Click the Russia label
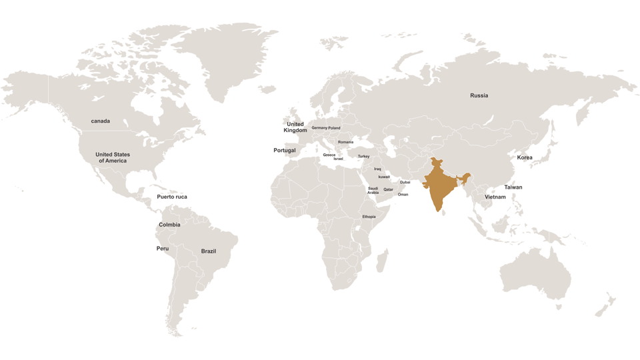coord(479,95)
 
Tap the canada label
coord(101,121)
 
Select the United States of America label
coord(113,157)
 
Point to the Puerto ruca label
coord(172,197)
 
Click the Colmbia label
coord(169,225)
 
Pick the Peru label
coord(163,249)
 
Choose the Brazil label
coord(209,251)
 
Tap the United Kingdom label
coord(295,127)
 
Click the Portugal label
coord(285,151)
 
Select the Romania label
coord(345,142)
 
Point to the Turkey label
coord(363,157)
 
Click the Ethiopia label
coord(369,217)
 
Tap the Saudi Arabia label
coord(373,191)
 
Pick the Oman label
coord(403,195)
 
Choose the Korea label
coord(525,157)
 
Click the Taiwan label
coord(513,187)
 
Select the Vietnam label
coord(495,197)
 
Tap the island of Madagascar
coord(382,261)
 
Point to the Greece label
coord(329,155)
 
